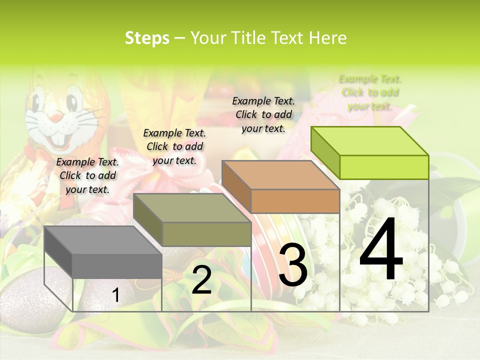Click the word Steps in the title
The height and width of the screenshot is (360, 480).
[x=147, y=38]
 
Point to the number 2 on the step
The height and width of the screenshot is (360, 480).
[x=201, y=279]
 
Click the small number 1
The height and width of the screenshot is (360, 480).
[x=116, y=295]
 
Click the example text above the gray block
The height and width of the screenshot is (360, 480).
[x=87, y=175]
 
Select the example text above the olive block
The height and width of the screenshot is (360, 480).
[x=174, y=146]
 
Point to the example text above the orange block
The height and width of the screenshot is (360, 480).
[x=263, y=114]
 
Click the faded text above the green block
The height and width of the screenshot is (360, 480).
[x=370, y=92]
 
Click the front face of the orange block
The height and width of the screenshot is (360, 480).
[x=295, y=201]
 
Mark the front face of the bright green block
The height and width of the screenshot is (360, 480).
[x=384, y=167]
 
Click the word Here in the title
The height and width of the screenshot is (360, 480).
[x=328, y=38]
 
